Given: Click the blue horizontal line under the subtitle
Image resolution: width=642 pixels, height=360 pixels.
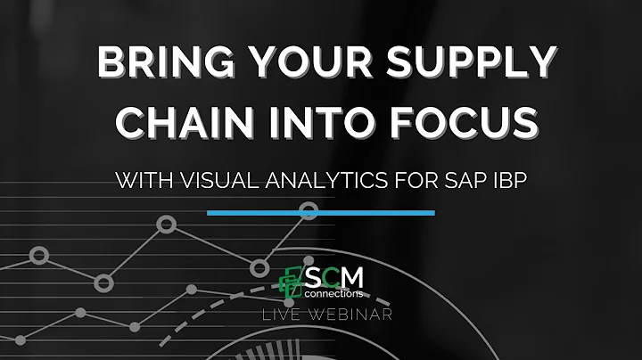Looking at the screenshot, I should click(x=321, y=213).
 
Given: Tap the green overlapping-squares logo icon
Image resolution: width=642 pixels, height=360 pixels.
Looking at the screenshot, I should click(x=292, y=282).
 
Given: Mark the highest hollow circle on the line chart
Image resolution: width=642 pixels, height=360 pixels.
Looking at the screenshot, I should click(x=309, y=211).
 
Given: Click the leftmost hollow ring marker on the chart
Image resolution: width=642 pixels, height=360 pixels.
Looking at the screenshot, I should click(x=38, y=256).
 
